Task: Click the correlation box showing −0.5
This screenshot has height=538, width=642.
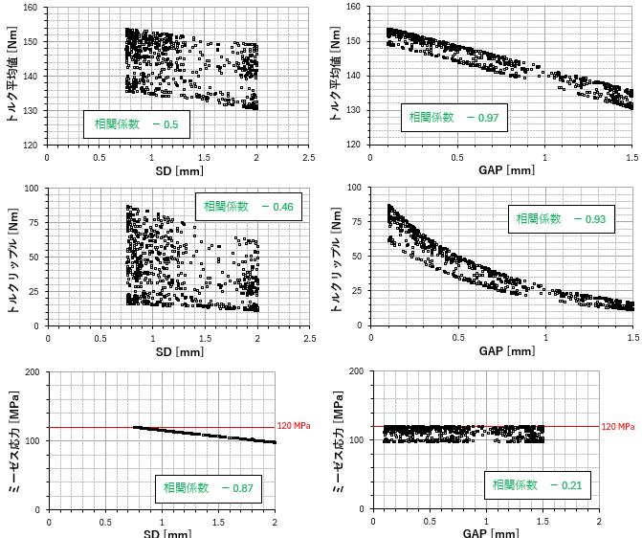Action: point(130,123)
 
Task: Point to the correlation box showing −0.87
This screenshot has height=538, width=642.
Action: point(207,488)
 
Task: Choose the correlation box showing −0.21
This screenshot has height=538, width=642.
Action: point(536,485)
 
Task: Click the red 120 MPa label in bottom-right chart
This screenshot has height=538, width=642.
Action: point(618,426)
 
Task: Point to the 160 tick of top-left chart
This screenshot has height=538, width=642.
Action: point(30,8)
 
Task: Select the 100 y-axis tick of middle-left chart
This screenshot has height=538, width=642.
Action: point(30,189)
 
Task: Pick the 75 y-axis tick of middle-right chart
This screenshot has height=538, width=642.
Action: point(355,223)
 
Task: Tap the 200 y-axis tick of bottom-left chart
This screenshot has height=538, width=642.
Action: point(33,371)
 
